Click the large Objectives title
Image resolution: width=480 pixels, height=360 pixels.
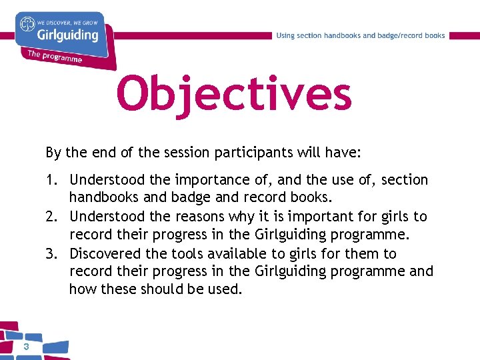click(233, 94)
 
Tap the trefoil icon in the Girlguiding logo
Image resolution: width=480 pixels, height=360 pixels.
click(27, 24)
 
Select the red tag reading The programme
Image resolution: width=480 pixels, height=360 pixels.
click(55, 57)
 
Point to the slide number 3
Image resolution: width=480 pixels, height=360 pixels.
click(25, 347)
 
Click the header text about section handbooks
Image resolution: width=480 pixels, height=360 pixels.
click(361, 35)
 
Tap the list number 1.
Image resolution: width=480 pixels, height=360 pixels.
click(51, 180)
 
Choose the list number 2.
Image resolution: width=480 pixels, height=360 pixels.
click(51, 217)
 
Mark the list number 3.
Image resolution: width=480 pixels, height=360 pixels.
click(51, 253)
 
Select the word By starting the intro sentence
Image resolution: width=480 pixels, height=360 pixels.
click(53, 153)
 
